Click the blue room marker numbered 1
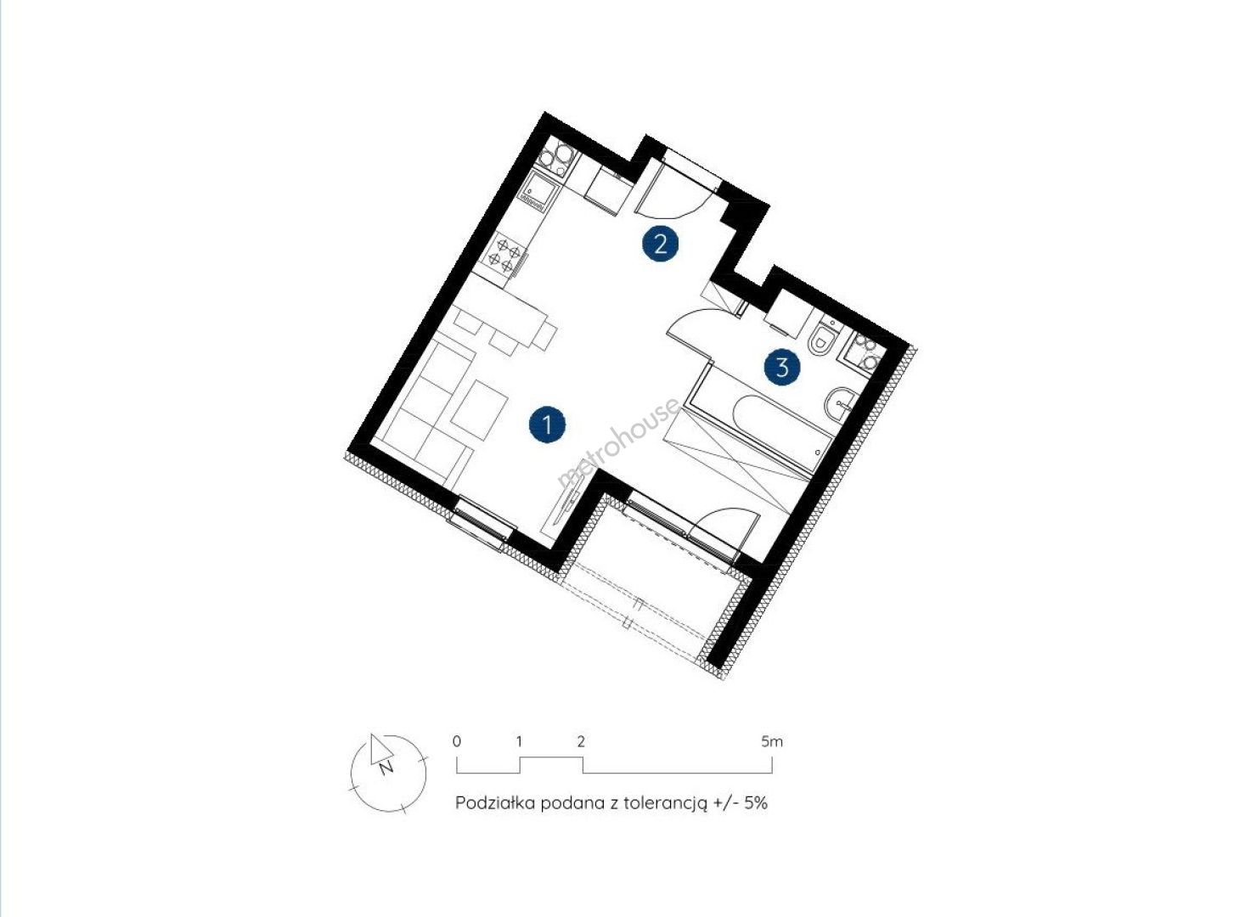[x=548, y=425]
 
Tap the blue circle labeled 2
[x=661, y=244]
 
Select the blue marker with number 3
[x=782, y=368]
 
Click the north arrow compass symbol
[x=388, y=774]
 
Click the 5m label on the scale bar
[x=772, y=741]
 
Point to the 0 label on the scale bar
[x=457, y=741]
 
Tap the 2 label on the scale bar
[x=581, y=741]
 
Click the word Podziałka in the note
[x=494, y=802]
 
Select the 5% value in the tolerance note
[x=757, y=802]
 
